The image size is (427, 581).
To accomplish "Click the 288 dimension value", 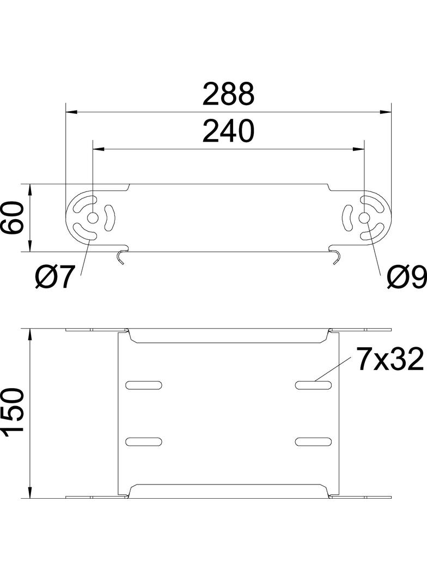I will [228, 94].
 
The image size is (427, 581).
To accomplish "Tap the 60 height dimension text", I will [13, 218].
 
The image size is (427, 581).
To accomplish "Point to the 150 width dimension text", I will [13, 413].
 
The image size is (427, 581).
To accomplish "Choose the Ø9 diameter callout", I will [406, 279].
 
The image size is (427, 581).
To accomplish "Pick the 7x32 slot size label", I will [390, 360].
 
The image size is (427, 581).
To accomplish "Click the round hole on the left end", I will [92, 218].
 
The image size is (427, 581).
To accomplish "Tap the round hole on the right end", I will [364, 218].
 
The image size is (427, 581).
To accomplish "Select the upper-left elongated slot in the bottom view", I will [144, 385].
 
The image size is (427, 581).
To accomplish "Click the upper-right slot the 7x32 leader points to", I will [313, 385].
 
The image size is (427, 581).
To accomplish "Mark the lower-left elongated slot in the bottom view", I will [144, 440].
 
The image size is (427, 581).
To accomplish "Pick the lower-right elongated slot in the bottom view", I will [313, 440].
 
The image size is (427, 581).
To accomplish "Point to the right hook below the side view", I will [337, 256].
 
